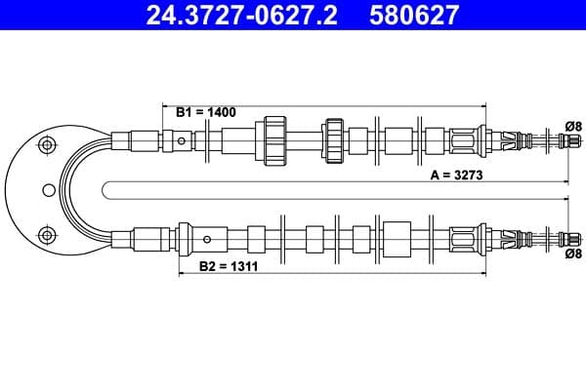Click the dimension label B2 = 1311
click(228, 265)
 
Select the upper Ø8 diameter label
click(573, 125)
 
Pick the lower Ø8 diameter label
click(573, 253)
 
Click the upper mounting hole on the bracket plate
click(43, 145)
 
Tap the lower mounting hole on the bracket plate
click(43, 233)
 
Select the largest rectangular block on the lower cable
click(398, 237)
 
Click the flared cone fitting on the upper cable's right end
click(483, 138)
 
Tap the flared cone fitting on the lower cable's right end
click(483, 238)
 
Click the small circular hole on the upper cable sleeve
click(182, 141)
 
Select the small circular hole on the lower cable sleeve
click(206, 238)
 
